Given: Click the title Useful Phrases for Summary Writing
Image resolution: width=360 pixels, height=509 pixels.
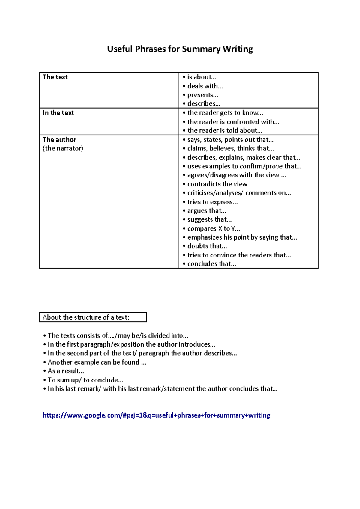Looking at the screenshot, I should point(180,49).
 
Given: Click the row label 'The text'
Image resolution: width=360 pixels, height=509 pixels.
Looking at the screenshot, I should point(55,77).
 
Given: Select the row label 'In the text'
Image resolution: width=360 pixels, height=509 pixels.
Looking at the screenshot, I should point(58,113).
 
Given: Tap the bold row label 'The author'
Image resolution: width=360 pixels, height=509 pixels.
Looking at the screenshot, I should point(59,140).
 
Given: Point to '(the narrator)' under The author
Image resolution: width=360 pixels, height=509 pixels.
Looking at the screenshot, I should point(63,148).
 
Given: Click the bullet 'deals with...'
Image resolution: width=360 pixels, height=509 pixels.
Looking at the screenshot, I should point(205,86).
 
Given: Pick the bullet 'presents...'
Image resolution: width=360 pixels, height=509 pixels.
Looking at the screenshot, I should point(202,95).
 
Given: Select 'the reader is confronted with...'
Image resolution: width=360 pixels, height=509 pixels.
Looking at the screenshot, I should point(233,122).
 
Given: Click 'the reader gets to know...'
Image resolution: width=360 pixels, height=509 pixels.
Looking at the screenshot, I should point(225,113).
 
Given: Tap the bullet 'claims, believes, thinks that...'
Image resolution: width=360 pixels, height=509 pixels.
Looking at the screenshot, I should point(230,148).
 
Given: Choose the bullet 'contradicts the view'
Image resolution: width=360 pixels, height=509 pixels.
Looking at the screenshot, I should point(217,184).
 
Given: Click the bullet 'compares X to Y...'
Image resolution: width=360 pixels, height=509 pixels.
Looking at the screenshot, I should point(213,228).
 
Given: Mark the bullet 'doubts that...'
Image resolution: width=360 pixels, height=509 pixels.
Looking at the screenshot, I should point(207,246).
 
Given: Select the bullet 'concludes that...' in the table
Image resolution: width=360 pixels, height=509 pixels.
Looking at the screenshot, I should point(211,264).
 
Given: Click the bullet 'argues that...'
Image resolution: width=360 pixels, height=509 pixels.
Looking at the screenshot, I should point(206,211).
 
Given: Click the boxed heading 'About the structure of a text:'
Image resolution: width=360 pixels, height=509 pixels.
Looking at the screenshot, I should point(86,317).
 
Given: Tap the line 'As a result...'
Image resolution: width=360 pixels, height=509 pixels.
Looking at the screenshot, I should point(66,371).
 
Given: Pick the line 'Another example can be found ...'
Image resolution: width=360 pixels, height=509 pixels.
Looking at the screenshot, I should point(97,362).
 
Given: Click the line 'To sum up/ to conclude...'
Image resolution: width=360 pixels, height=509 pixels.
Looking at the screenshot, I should point(85,380).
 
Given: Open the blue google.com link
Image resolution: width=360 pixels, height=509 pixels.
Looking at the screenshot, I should point(156,415).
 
